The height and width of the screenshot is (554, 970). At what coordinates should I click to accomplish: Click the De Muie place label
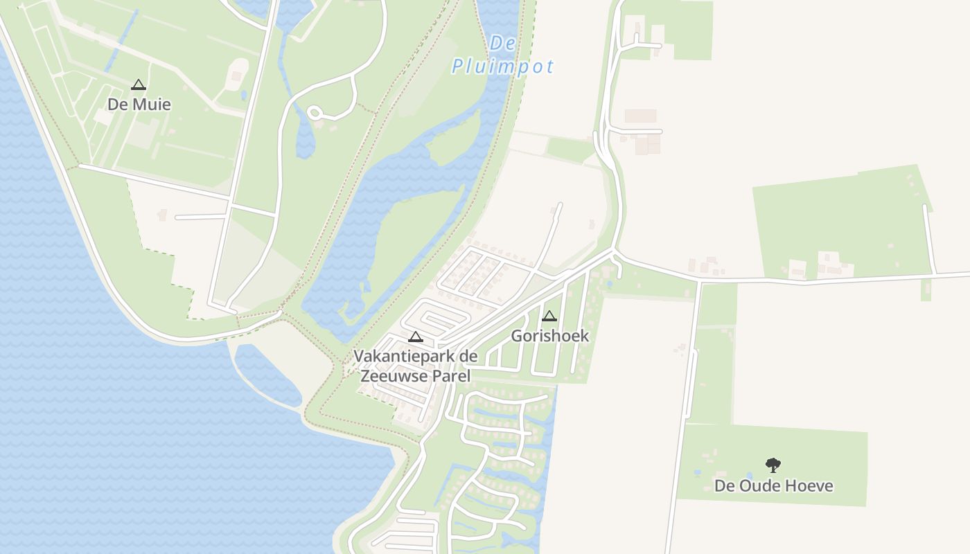[139, 105]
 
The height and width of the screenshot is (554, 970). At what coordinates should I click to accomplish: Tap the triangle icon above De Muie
[138, 85]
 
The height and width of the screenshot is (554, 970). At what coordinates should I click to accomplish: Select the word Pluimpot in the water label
[503, 66]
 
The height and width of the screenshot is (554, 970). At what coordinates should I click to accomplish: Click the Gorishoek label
[549, 336]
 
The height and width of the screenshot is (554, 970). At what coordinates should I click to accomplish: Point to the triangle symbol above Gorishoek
[549, 316]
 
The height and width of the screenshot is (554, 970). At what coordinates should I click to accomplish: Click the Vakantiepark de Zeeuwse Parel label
[415, 366]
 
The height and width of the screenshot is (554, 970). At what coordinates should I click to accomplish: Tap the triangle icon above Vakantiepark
[416, 337]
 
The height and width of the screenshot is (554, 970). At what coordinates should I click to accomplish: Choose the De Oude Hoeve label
[773, 485]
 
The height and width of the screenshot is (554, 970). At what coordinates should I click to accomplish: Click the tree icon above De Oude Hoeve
[773, 465]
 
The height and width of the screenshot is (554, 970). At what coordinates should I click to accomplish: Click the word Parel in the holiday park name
[451, 376]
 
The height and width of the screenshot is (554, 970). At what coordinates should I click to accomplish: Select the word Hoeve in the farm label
[809, 485]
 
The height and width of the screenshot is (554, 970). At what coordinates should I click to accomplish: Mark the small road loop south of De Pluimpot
[315, 112]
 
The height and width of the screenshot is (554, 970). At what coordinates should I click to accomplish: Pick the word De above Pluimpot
[503, 43]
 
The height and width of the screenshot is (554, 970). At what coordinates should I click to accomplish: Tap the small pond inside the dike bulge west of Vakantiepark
[267, 374]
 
